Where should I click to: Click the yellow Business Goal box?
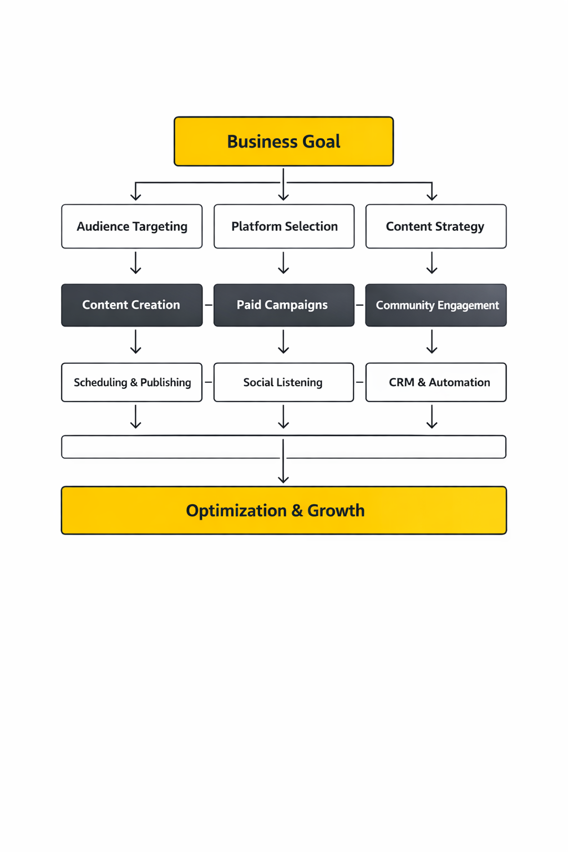283,141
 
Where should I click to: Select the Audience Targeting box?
132,226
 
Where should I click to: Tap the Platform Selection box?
284,226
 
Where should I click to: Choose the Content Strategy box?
436,226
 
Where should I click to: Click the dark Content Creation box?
132,305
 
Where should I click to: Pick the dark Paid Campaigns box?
284,305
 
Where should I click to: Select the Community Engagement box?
436,305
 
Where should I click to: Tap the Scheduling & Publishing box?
132,382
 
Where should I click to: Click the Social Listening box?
283,382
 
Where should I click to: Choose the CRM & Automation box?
436,382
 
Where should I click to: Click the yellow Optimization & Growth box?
283,510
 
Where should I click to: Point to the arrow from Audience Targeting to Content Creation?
135,263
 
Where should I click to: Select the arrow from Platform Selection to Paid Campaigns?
283,263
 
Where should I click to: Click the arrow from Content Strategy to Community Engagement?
432,263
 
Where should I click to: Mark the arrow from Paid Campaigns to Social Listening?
283,342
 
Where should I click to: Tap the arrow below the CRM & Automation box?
432,417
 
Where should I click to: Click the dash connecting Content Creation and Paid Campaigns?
209,305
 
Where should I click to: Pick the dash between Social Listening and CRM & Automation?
359,382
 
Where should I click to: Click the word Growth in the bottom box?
336,510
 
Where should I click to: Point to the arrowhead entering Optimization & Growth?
283,479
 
